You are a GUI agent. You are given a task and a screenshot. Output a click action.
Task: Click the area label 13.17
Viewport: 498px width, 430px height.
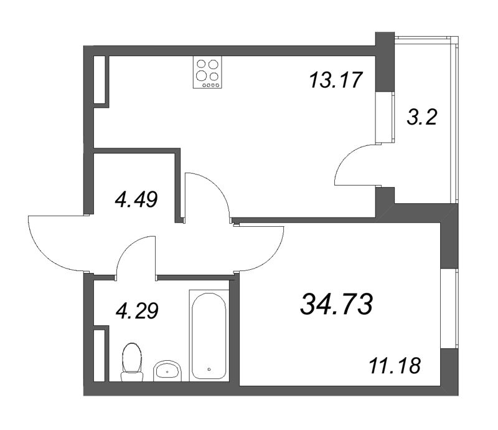[335, 80]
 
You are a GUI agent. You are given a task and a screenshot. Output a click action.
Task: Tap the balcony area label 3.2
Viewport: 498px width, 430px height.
[421, 117]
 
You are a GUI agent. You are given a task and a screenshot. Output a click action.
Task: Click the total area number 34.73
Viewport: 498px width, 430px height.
[336, 305]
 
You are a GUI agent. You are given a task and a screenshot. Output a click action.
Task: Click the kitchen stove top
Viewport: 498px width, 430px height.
[208, 73]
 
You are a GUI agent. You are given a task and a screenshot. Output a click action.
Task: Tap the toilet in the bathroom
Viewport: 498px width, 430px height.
[131, 362]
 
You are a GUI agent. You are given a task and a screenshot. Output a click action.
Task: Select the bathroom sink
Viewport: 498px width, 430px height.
[167, 371]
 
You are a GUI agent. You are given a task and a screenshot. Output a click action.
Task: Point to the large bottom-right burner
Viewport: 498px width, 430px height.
[214, 77]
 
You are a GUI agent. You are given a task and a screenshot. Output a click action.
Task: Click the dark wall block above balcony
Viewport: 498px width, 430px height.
[385, 43]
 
